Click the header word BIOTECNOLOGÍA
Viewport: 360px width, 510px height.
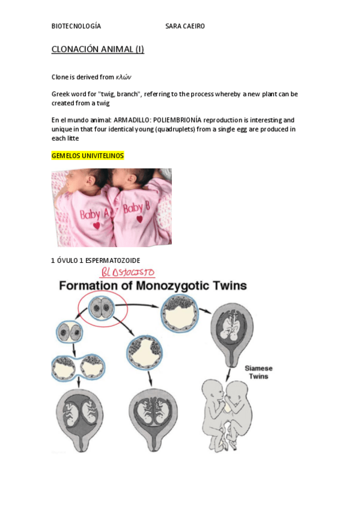76,26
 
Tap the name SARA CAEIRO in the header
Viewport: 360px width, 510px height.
185,26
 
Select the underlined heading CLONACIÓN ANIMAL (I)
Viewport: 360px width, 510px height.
97,49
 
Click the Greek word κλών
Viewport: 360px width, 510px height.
124,77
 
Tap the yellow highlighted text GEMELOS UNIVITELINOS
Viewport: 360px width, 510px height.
88,156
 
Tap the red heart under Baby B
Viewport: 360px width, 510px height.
139,220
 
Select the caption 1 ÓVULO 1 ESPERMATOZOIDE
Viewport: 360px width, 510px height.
96,260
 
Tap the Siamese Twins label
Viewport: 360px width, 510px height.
257,372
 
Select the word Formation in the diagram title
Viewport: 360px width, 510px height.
84,286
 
